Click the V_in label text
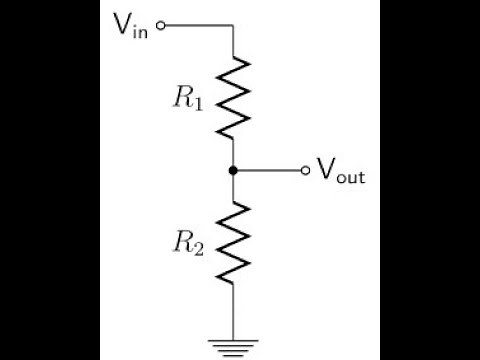pos(134,24)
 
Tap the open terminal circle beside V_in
pos(161,24)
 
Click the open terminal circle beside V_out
pos(306,171)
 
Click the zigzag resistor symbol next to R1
pos(233,98)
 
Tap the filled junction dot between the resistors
pos(233,171)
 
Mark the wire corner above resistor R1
pos(233,24)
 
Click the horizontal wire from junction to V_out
pos(268,171)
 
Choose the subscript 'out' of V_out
pos(350,177)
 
